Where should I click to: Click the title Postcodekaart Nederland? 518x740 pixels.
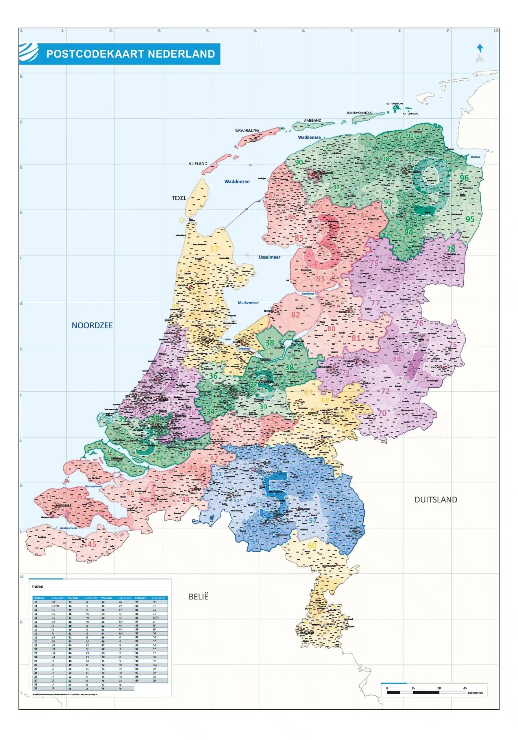coord(130,53)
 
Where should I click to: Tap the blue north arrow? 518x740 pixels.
coord(480,49)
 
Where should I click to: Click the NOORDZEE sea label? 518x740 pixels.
coord(92,325)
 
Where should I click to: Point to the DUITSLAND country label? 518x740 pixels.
coord(436,499)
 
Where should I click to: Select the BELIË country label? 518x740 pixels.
coord(198,597)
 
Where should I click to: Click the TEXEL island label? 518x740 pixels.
coord(179,198)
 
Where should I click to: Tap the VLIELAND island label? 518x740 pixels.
coord(198,163)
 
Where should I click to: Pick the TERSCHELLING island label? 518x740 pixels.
coord(246,130)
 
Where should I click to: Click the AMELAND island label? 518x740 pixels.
coord(312,120)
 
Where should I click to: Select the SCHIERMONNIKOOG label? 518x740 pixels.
coord(359,113)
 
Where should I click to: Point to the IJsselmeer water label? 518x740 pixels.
coord(269,257)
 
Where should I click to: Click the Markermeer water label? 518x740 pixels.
coord(248,303)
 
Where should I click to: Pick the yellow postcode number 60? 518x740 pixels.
coord(312,545)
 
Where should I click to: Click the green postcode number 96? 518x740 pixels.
coord(464,178)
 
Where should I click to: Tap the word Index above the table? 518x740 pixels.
coord(38,586)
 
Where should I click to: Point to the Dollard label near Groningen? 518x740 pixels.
coord(475,157)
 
